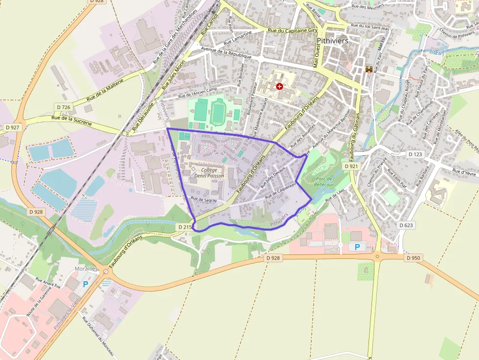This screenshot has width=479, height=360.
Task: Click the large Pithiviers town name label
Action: pos(332,41)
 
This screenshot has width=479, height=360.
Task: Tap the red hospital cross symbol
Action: pos(280,86)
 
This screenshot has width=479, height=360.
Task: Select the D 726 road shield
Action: pos(64,107)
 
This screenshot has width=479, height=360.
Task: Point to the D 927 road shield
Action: pos(12,127)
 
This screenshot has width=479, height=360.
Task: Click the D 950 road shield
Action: pos(413,258)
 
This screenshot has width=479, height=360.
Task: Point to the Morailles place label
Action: pos(87,269)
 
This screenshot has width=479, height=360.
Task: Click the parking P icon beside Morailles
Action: pos(87,284)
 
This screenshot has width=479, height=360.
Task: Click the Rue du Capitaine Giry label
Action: pos(293,30)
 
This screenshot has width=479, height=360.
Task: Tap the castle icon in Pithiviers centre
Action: pos(369,69)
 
